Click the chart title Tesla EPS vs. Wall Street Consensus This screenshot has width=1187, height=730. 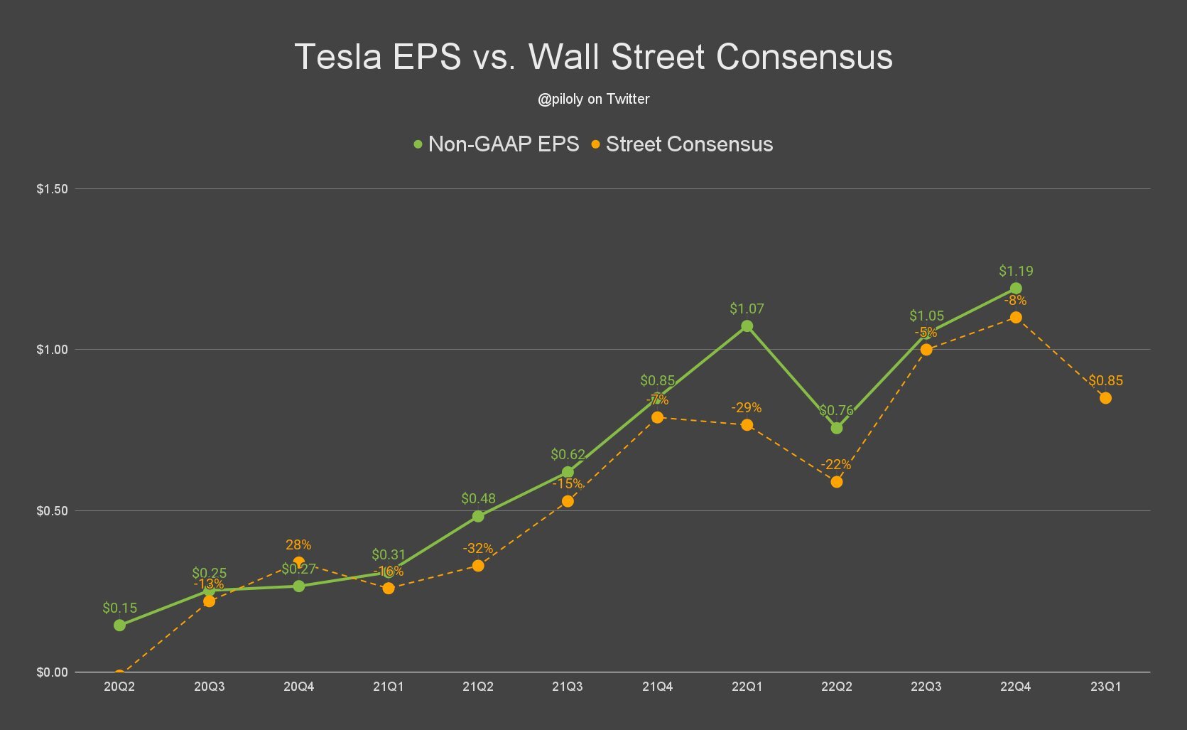pos(593,57)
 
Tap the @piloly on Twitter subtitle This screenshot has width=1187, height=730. pos(593,99)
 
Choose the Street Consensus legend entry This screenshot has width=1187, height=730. pos(682,144)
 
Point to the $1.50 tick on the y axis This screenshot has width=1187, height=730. pos(52,189)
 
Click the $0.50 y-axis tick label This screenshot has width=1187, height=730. pos(52,511)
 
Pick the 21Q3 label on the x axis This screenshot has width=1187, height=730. pos(568,687)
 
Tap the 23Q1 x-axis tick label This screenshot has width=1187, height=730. pos(1105,687)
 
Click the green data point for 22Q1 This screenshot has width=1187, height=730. pos(747,326)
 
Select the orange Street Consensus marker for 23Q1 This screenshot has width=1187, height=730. pos(1105,398)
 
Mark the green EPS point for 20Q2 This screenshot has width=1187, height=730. pos(119,626)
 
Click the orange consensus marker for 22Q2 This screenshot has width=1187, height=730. pos(837,482)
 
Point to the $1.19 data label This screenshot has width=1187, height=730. pos(1016,271)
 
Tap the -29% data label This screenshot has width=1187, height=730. pos(747,408)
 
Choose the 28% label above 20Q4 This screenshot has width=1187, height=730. pos(298,545)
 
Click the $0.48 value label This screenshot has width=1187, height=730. pos(478,498)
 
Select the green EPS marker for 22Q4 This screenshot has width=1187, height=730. pos(1016,289)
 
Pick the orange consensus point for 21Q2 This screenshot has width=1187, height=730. pos(478,566)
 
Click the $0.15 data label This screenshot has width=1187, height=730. pos(119,608)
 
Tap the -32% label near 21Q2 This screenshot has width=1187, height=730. pos(478,549)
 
